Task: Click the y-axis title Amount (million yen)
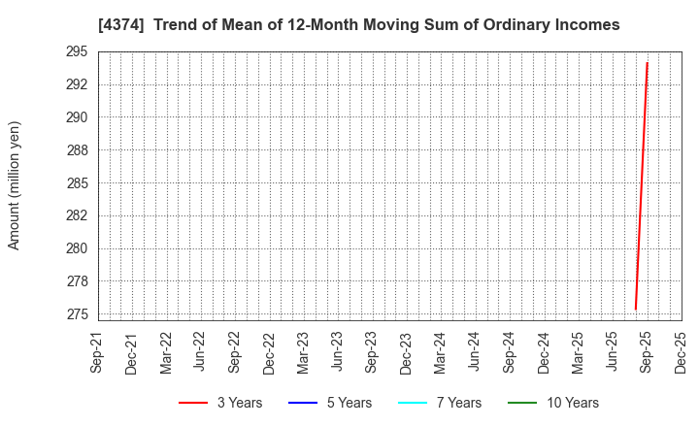15,185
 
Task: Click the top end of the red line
647,63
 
